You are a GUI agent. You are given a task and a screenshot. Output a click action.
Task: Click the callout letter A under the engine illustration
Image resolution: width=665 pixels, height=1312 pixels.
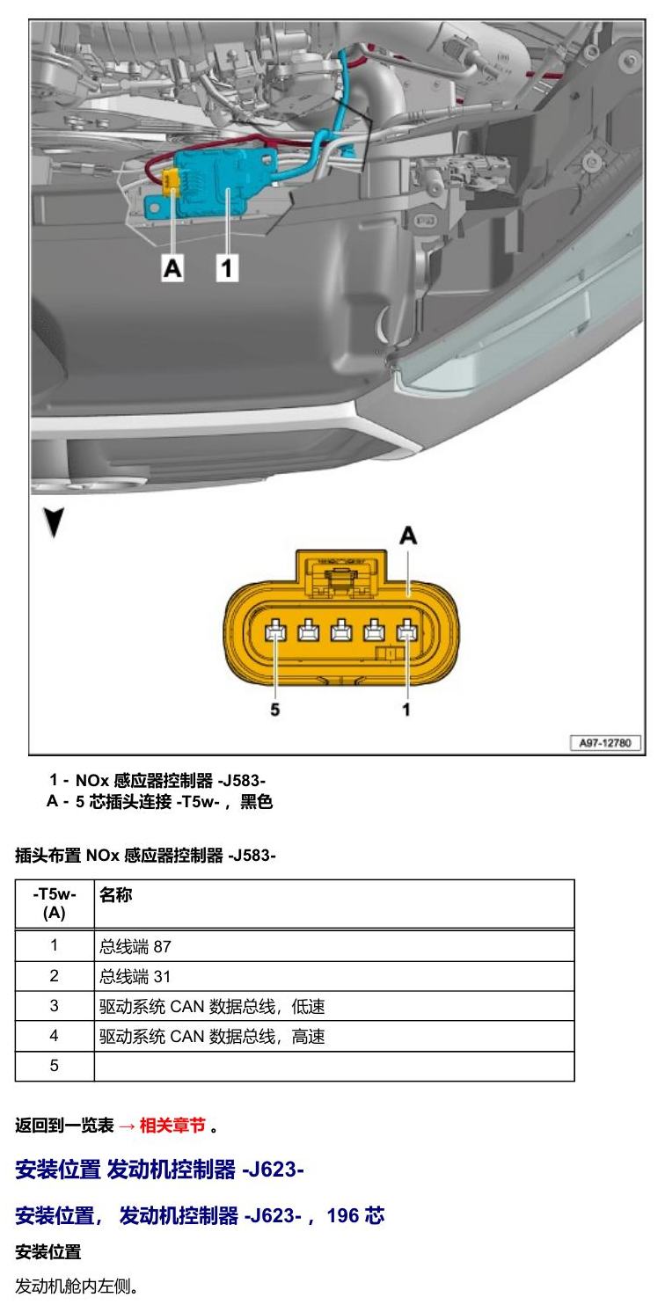click(x=172, y=268)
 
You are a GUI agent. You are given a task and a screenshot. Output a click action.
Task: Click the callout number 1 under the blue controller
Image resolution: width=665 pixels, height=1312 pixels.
click(x=227, y=268)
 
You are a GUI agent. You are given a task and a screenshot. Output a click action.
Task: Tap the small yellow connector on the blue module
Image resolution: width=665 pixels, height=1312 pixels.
click(x=171, y=180)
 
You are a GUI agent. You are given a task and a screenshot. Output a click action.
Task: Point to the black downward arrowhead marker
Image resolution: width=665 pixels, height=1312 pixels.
click(x=55, y=521)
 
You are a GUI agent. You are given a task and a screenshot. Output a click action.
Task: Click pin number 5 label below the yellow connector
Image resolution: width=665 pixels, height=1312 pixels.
click(x=274, y=710)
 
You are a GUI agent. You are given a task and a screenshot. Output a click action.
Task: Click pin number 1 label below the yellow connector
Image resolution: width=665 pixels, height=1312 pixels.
click(x=406, y=710)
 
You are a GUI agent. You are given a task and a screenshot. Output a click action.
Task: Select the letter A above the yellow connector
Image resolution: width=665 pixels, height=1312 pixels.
click(x=408, y=536)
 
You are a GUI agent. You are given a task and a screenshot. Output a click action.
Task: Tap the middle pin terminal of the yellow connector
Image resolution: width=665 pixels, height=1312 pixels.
click(x=341, y=632)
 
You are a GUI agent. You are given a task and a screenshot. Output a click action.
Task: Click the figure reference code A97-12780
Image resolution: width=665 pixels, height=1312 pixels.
click(x=605, y=743)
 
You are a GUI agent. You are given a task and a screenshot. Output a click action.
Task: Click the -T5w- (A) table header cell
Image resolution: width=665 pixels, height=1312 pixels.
click(x=55, y=903)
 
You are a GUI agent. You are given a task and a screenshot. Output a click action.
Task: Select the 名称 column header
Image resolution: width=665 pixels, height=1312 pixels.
click(x=115, y=894)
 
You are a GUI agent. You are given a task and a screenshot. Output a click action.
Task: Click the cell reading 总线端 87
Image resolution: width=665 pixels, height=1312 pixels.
click(x=135, y=946)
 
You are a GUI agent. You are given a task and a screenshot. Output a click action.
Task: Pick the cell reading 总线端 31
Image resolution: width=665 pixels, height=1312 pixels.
click(x=135, y=976)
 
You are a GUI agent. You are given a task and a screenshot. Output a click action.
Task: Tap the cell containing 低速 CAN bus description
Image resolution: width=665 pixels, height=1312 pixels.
click(x=211, y=1006)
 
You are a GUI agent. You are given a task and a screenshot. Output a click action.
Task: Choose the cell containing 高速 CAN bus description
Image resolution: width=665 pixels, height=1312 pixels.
click(x=211, y=1037)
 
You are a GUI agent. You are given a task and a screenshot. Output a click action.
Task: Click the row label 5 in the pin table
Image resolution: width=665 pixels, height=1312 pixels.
click(x=54, y=1066)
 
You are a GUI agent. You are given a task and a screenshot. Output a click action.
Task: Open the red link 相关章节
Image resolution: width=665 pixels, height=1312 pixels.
click(x=172, y=1126)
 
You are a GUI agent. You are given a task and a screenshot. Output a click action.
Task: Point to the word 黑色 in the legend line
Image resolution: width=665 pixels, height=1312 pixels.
click(x=257, y=801)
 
